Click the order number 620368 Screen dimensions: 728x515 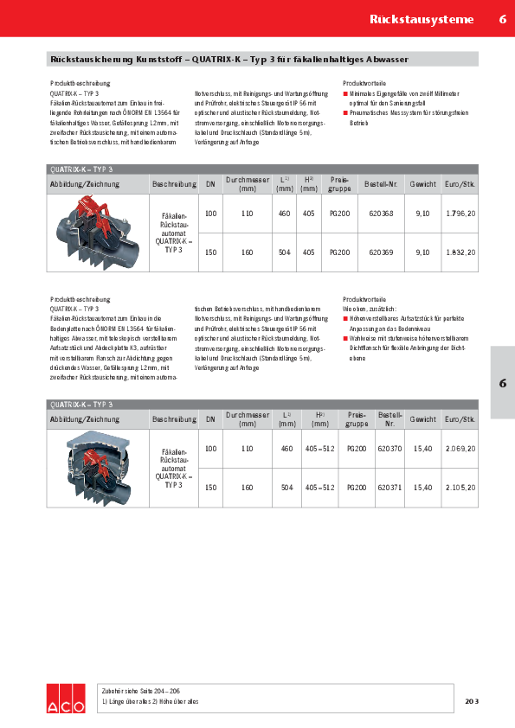pyautogui.click(x=381, y=213)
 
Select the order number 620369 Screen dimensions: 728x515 pyautogui.click(x=381, y=252)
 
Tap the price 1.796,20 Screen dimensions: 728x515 pyautogui.click(x=460, y=213)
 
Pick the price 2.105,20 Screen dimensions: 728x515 pyautogui.click(x=460, y=488)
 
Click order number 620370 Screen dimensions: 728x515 pyautogui.click(x=389, y=448)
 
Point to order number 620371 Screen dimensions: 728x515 pyautogui.click(x=389, y=488)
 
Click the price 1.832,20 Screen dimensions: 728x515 pyautogui.click(x=460, y=252)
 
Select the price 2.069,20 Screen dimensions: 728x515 pyautogui.click(x=460, y=448)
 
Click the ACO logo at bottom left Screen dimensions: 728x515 pyautogui.click(x=66, y=698)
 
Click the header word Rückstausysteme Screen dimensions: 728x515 pyautogui.click(x=422, y=19)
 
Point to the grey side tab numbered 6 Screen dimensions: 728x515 pyautogui.click(x=502, y=382)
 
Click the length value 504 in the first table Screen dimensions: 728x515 pyautogui.click(x=284, y=252)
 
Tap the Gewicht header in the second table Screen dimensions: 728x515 pyautogui.click(x=423, y=419)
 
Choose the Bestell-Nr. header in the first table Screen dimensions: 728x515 pyautogui.click(x=381, y=184)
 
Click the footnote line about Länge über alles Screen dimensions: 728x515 pyautogui.click(x=151, y=701)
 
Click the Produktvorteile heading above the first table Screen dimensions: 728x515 pyautogui.click(x=364, y=83)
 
